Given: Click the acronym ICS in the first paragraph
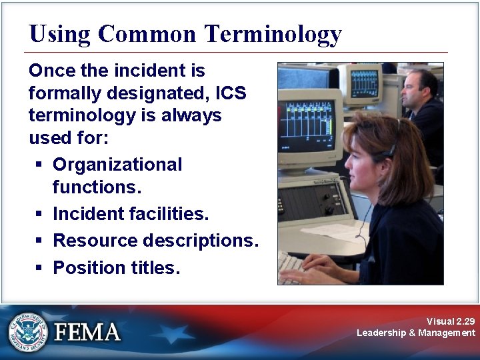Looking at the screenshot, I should coord(230,93).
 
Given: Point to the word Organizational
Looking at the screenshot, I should coord(117,165).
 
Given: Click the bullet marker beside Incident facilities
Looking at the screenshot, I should coord(39,214).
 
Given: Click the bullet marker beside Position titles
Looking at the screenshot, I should coord(39,268).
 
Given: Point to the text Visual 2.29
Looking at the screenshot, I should coord(451,321).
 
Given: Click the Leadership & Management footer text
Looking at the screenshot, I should coord(416,333).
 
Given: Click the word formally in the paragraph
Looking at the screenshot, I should coord(65,93).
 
